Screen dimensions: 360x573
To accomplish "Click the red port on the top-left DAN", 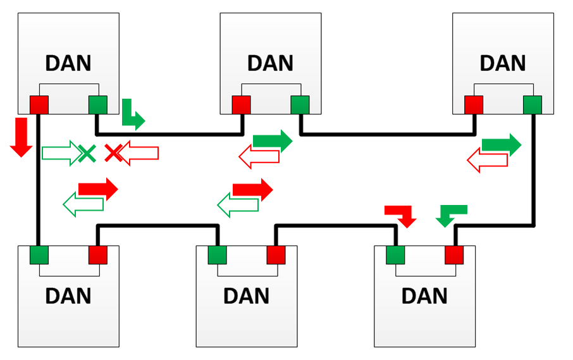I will coord(39,104).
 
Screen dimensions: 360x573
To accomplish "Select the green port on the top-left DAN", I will coord(98,104).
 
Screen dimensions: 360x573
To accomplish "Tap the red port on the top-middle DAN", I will coord(241,104).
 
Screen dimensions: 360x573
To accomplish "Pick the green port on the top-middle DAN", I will coord(300,104).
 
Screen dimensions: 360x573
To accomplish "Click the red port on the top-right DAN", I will coord(474,104).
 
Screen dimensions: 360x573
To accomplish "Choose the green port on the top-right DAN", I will coord(533,104).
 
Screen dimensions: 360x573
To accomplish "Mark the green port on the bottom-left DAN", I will coord(39,255).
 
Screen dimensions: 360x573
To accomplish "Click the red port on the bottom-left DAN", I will coord(98,255).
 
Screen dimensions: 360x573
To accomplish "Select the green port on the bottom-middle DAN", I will coord(218,255).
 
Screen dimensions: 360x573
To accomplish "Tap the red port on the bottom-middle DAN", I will coord(276,255).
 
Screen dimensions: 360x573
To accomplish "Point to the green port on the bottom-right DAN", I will coord(396,255).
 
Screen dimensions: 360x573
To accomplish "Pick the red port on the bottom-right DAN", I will coord(454,255).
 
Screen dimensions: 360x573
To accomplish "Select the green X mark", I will coord(87,152).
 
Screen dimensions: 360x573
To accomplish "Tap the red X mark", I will coord(113,152).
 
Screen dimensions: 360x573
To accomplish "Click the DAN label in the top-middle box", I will coord(270,63).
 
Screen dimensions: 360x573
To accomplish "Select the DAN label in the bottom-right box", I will coord(424,296).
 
